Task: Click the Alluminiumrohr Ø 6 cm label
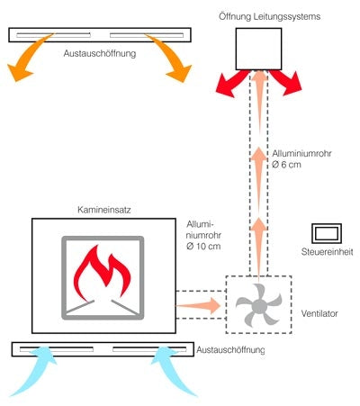click(303, 158)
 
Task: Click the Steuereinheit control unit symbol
click(326, 234)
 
